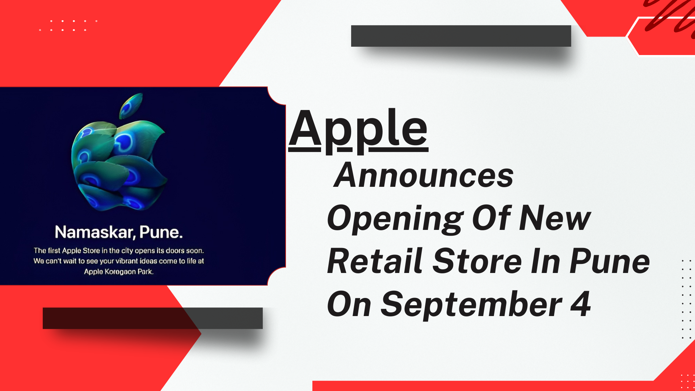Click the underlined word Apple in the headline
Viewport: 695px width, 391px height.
coord(358,130)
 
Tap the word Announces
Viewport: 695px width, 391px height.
coord(424,176)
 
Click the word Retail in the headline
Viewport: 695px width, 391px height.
coord(375,261)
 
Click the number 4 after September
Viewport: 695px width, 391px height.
coord(580,304)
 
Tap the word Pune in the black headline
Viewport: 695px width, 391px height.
coord(610,261)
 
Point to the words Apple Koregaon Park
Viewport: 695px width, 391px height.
coord(119,272)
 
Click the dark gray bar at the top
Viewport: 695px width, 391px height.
coord(461,36)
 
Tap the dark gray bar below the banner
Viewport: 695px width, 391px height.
coord(152,318)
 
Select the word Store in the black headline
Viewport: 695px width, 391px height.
coord(477,261)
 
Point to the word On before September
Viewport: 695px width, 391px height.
coord(349,305)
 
